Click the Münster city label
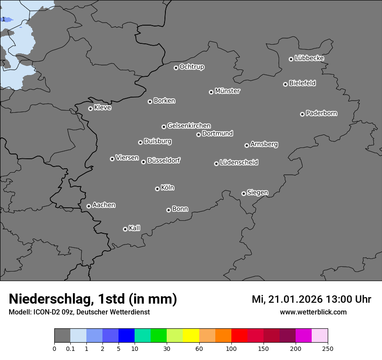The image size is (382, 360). [227, 91]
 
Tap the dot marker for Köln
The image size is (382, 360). [157, 189]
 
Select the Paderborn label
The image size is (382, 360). [322, 113]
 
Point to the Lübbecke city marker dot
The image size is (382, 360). [291, 59]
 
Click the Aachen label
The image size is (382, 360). [104, 205]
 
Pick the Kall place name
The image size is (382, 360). [135, 228]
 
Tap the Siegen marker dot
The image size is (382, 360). [244, 193]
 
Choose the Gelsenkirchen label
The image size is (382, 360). [189, 126]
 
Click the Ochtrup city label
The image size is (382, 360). [192, 67]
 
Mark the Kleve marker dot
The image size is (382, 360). [90, 108]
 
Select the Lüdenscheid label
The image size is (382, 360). [239, 163]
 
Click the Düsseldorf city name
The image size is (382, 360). [164, 160]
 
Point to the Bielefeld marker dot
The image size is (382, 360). [285, 84]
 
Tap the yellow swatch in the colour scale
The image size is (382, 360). [191, 336]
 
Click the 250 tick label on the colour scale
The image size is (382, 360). [328, 349]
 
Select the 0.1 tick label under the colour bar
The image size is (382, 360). [70, 349]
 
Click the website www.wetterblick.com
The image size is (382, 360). [313, 312]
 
